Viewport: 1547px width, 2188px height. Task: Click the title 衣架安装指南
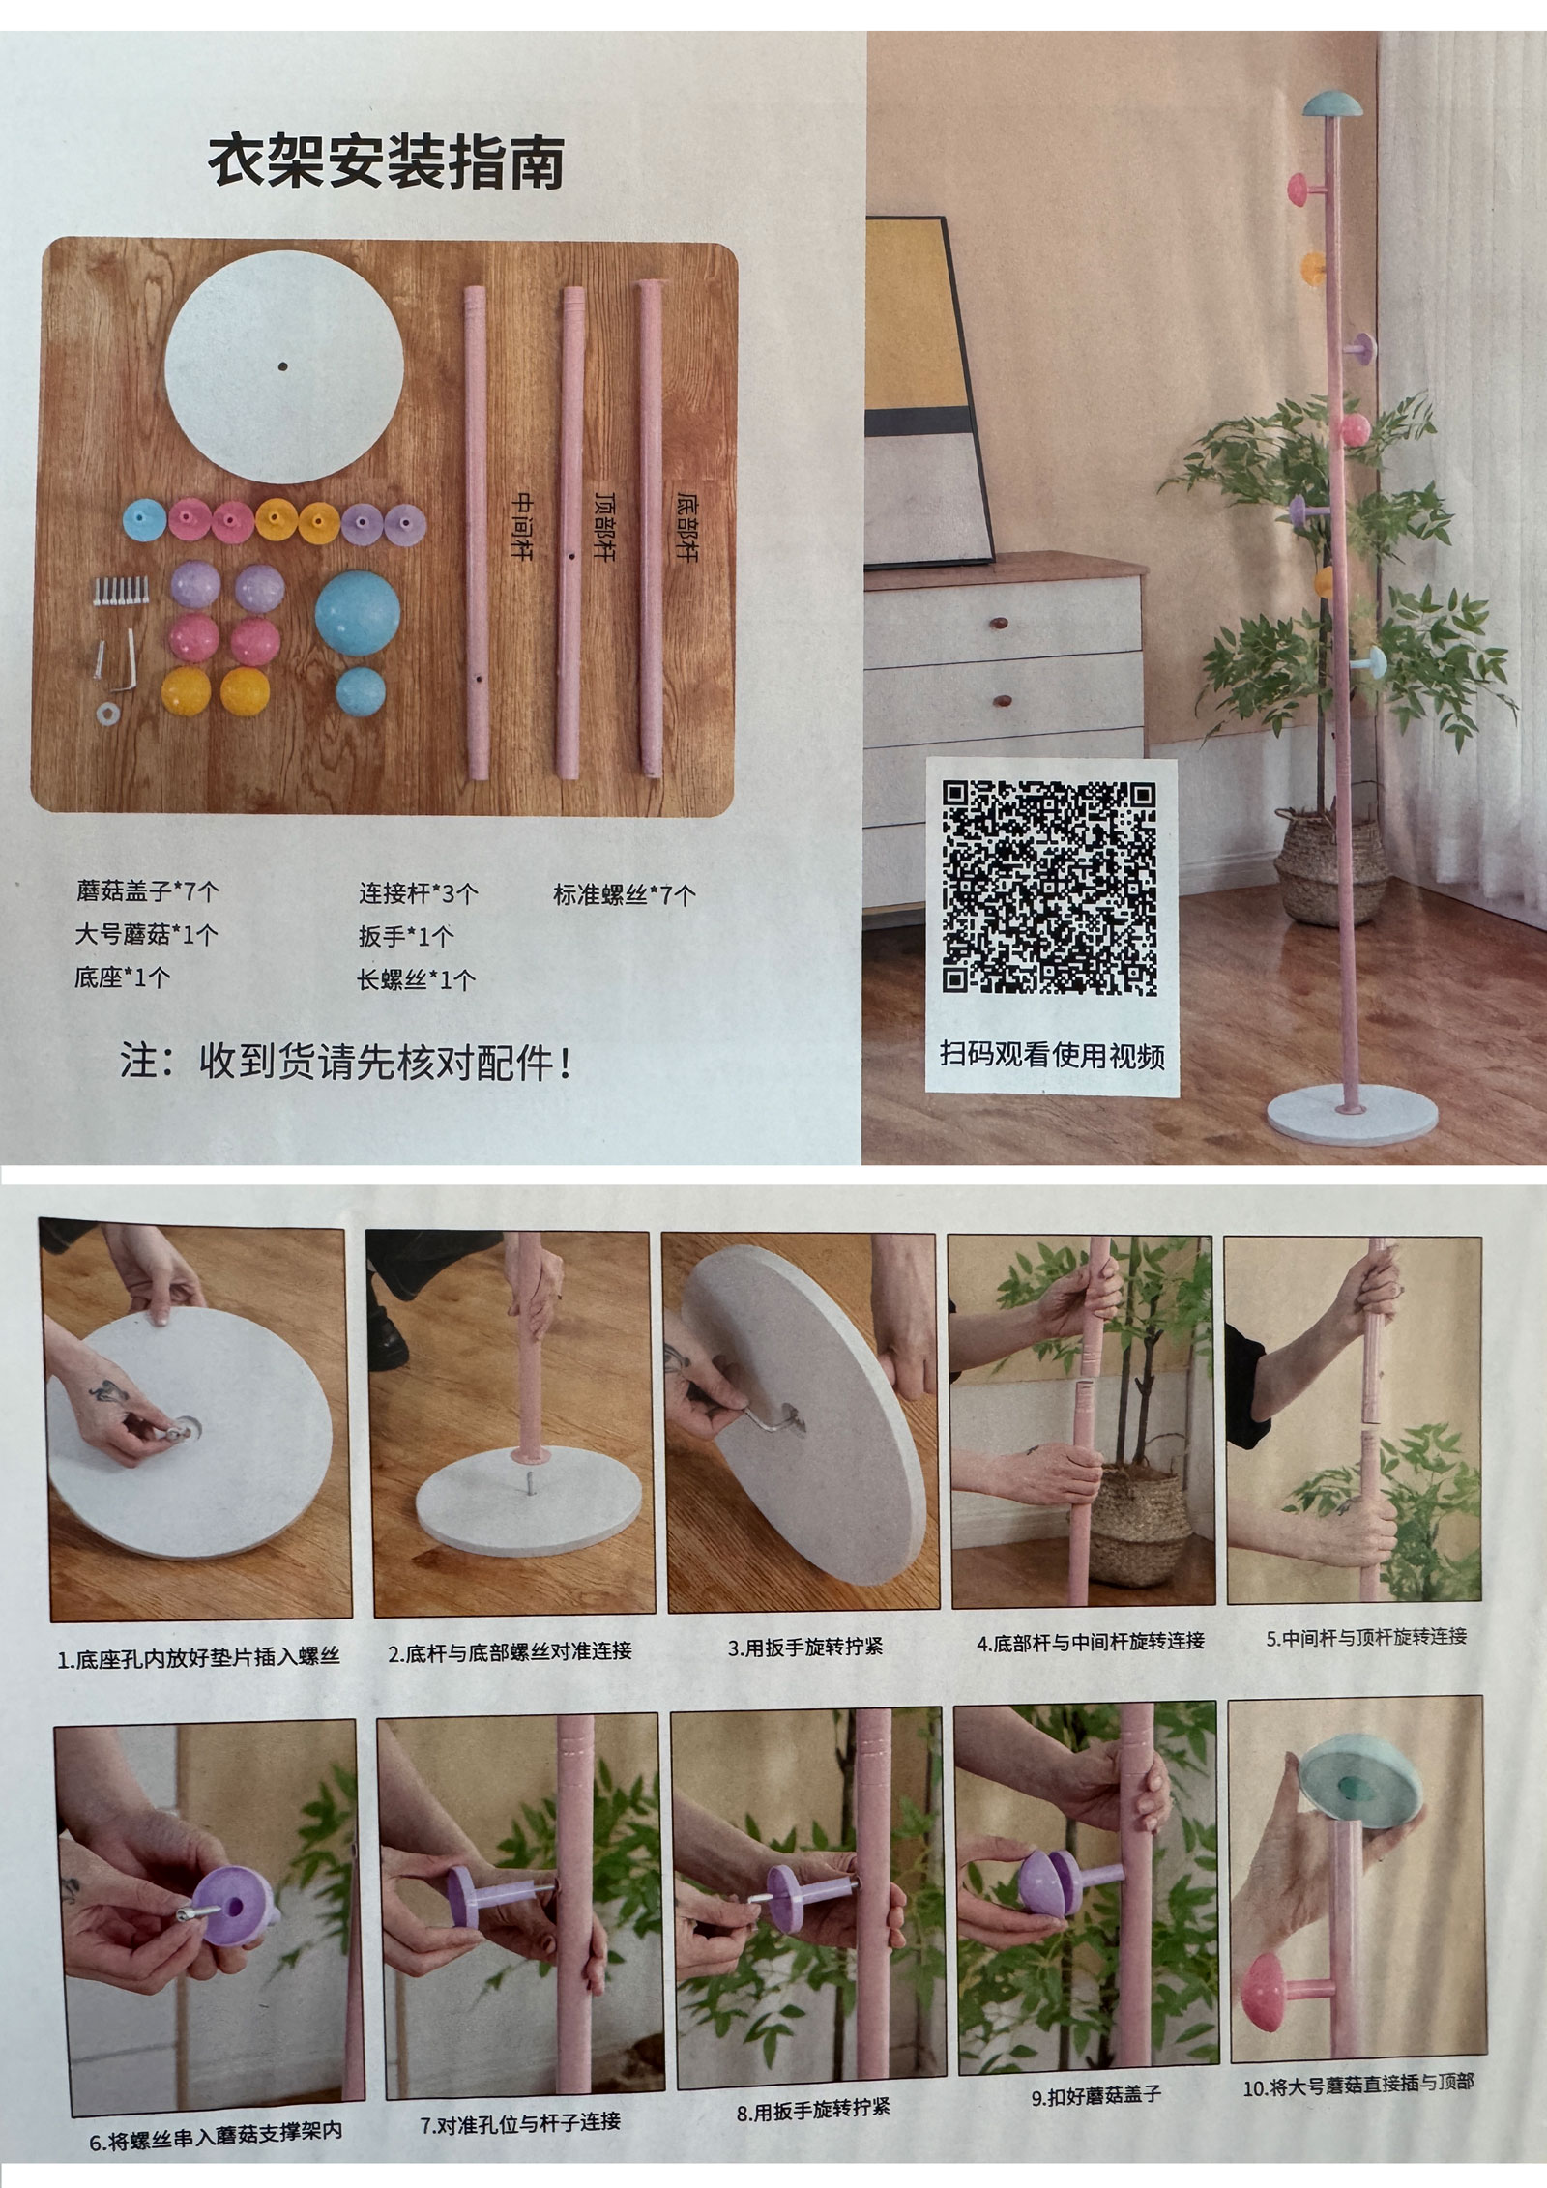point(386,163)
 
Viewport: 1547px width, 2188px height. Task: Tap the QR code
point(1050,888)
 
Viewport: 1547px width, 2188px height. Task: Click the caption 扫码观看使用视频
point(1052,1054)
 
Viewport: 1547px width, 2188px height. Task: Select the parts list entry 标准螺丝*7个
point(624,894)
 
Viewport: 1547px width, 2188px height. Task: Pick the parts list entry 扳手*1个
point(406,936)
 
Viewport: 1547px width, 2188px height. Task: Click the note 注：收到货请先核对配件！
point(346,1063)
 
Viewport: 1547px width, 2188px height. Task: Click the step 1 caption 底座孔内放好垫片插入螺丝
point(199,1656)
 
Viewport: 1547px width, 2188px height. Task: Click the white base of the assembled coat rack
point(1353,1116)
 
